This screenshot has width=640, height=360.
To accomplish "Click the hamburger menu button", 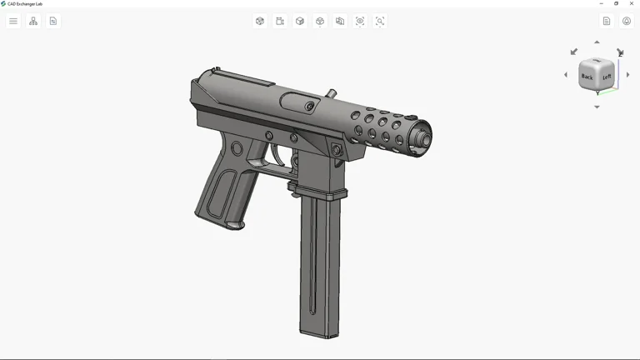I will [13, 21].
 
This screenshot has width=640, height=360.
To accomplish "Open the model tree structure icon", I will [33, 21].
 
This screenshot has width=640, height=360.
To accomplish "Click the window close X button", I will [632, 3].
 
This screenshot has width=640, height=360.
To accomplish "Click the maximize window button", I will [617, 3].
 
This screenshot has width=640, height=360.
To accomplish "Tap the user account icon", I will [627, 21].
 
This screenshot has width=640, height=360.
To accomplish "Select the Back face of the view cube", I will [587, 77].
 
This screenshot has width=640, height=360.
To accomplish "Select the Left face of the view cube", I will [607, 77].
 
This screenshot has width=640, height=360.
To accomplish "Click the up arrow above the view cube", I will [597, 42].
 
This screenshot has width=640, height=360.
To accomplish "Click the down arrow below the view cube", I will [597, 107].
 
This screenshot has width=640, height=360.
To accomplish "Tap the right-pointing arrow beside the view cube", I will [628, 75].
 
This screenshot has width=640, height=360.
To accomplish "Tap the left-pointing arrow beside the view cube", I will [566, 75].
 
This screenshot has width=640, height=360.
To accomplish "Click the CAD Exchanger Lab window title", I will [25, 3].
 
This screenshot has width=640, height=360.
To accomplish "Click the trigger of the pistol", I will [276, 156].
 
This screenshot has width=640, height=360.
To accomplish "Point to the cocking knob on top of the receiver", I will [331, 93].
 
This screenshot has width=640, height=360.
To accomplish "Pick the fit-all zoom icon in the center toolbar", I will [360, 21].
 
